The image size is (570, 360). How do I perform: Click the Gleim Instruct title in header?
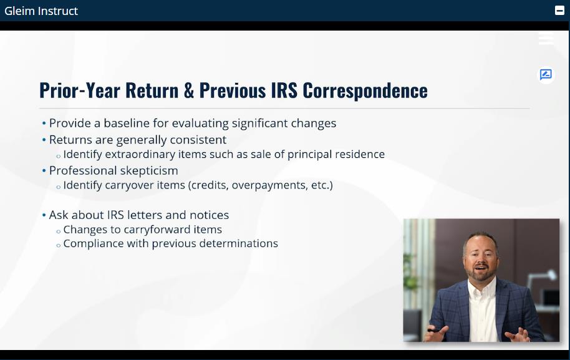coord(41,11)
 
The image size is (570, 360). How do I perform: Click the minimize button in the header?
coord(560,11)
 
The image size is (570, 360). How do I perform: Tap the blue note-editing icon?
coord(546,74)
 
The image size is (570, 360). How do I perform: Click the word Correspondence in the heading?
coord(365,91)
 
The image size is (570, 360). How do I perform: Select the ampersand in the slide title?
coord(189,90)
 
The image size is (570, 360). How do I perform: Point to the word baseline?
coord(127,123)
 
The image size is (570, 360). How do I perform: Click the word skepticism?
coord(149,171)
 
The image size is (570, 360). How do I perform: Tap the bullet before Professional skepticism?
coord(44,170)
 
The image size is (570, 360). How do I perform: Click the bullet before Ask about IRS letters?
coord(44,215)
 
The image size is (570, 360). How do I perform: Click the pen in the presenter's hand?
coord(435,331)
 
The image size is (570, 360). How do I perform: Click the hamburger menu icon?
coord(546,38)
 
